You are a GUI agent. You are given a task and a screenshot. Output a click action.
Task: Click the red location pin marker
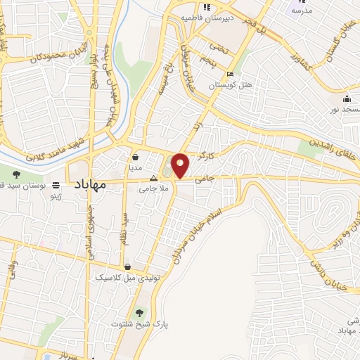(181, 165)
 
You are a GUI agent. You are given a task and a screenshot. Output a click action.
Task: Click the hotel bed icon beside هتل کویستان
(230, 74)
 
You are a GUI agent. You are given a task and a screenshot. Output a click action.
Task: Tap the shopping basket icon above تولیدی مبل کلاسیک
(127, 266)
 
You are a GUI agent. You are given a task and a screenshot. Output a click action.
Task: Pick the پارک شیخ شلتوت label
(140, 324)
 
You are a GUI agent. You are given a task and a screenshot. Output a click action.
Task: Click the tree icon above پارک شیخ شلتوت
(139, 311)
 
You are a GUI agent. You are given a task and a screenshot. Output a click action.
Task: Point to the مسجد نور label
(346, 110)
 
